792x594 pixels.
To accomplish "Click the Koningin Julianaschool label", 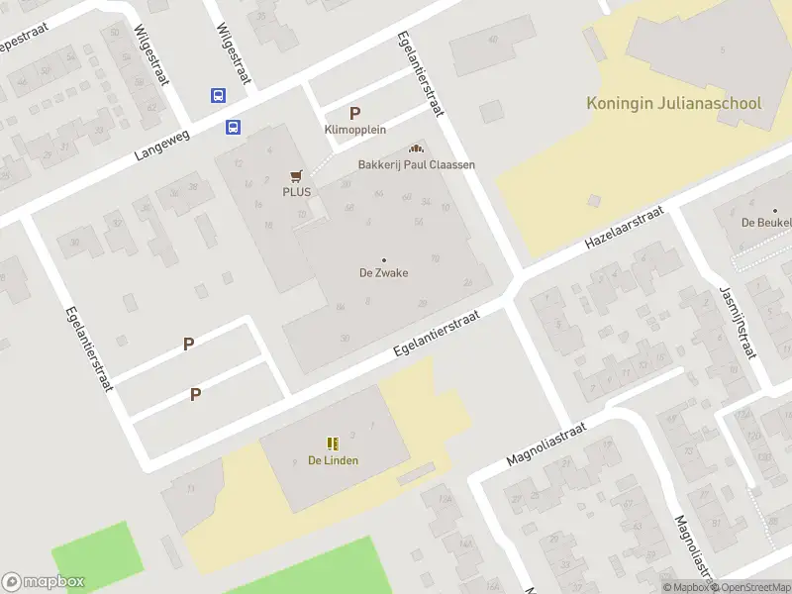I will (x=673, y=103).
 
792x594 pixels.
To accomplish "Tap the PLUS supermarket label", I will (x=296, y=192).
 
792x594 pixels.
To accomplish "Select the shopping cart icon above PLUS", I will (x=295, y=175).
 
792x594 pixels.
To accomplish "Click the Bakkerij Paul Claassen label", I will (x=416, y=164).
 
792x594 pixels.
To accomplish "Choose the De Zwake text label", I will (x=383, y=273).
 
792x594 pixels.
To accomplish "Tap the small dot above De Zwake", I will (x=384, y=259).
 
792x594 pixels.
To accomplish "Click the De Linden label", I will (x=333, y=460).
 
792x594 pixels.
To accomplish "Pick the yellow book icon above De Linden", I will (x=333, y=443).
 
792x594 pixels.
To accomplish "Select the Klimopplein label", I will (x=354, y=130).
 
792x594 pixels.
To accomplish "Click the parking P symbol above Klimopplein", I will (x=354, y=113).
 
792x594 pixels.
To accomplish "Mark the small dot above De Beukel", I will (x=775, y=210).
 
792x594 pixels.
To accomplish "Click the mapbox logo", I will (x=44, y=582).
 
